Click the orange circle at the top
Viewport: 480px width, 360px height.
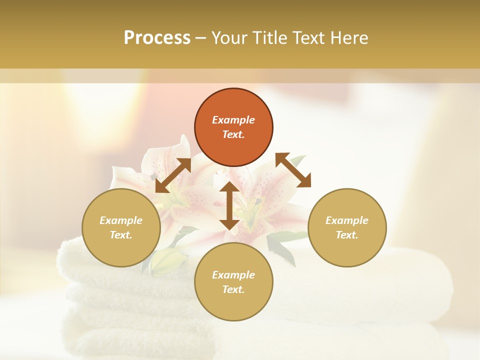click(x=233, y=127)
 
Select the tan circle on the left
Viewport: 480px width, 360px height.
click(x=121, y=227)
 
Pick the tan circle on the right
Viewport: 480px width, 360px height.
click(x=347, y=227)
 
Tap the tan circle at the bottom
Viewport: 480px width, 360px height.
click(x=233, y=282)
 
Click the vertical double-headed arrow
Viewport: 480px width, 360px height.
click(x=229, y=205)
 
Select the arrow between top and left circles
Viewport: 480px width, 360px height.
click(x=173, y=175)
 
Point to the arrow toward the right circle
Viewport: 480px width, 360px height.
click(x=293, y=170)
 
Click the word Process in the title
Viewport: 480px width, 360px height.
click(x=157, y=38)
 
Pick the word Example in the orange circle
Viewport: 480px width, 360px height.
click(x=233, y=120)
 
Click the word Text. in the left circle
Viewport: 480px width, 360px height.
click(x=121, y=235)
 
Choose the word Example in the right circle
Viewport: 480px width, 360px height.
click(x=347, y=220)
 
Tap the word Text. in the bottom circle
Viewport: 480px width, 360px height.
click(x=233, y=289)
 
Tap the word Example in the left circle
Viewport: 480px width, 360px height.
click(x=121, y=220)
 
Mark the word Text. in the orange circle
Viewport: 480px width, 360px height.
click(x=233, y=135)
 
